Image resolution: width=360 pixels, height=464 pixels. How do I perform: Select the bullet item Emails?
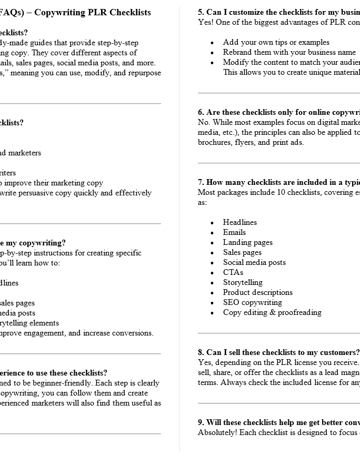[234, 232]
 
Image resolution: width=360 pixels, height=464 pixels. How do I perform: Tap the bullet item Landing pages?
[248, 242]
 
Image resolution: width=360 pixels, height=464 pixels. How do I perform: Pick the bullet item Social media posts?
[254, 262]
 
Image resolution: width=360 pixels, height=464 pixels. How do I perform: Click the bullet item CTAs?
[233, 272]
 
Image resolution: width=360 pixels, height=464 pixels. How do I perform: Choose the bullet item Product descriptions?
[258, 292]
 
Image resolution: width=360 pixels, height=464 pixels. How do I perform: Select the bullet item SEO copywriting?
[253, 302]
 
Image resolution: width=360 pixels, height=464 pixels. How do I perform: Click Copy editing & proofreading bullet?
[272, 312]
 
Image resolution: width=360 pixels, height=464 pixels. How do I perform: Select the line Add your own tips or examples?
[276, 42]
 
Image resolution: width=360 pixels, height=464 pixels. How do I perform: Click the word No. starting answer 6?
[204, 122]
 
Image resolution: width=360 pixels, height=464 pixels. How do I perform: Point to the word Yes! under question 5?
[205, 22]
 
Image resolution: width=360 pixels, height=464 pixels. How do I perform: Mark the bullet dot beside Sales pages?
[212, 253]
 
